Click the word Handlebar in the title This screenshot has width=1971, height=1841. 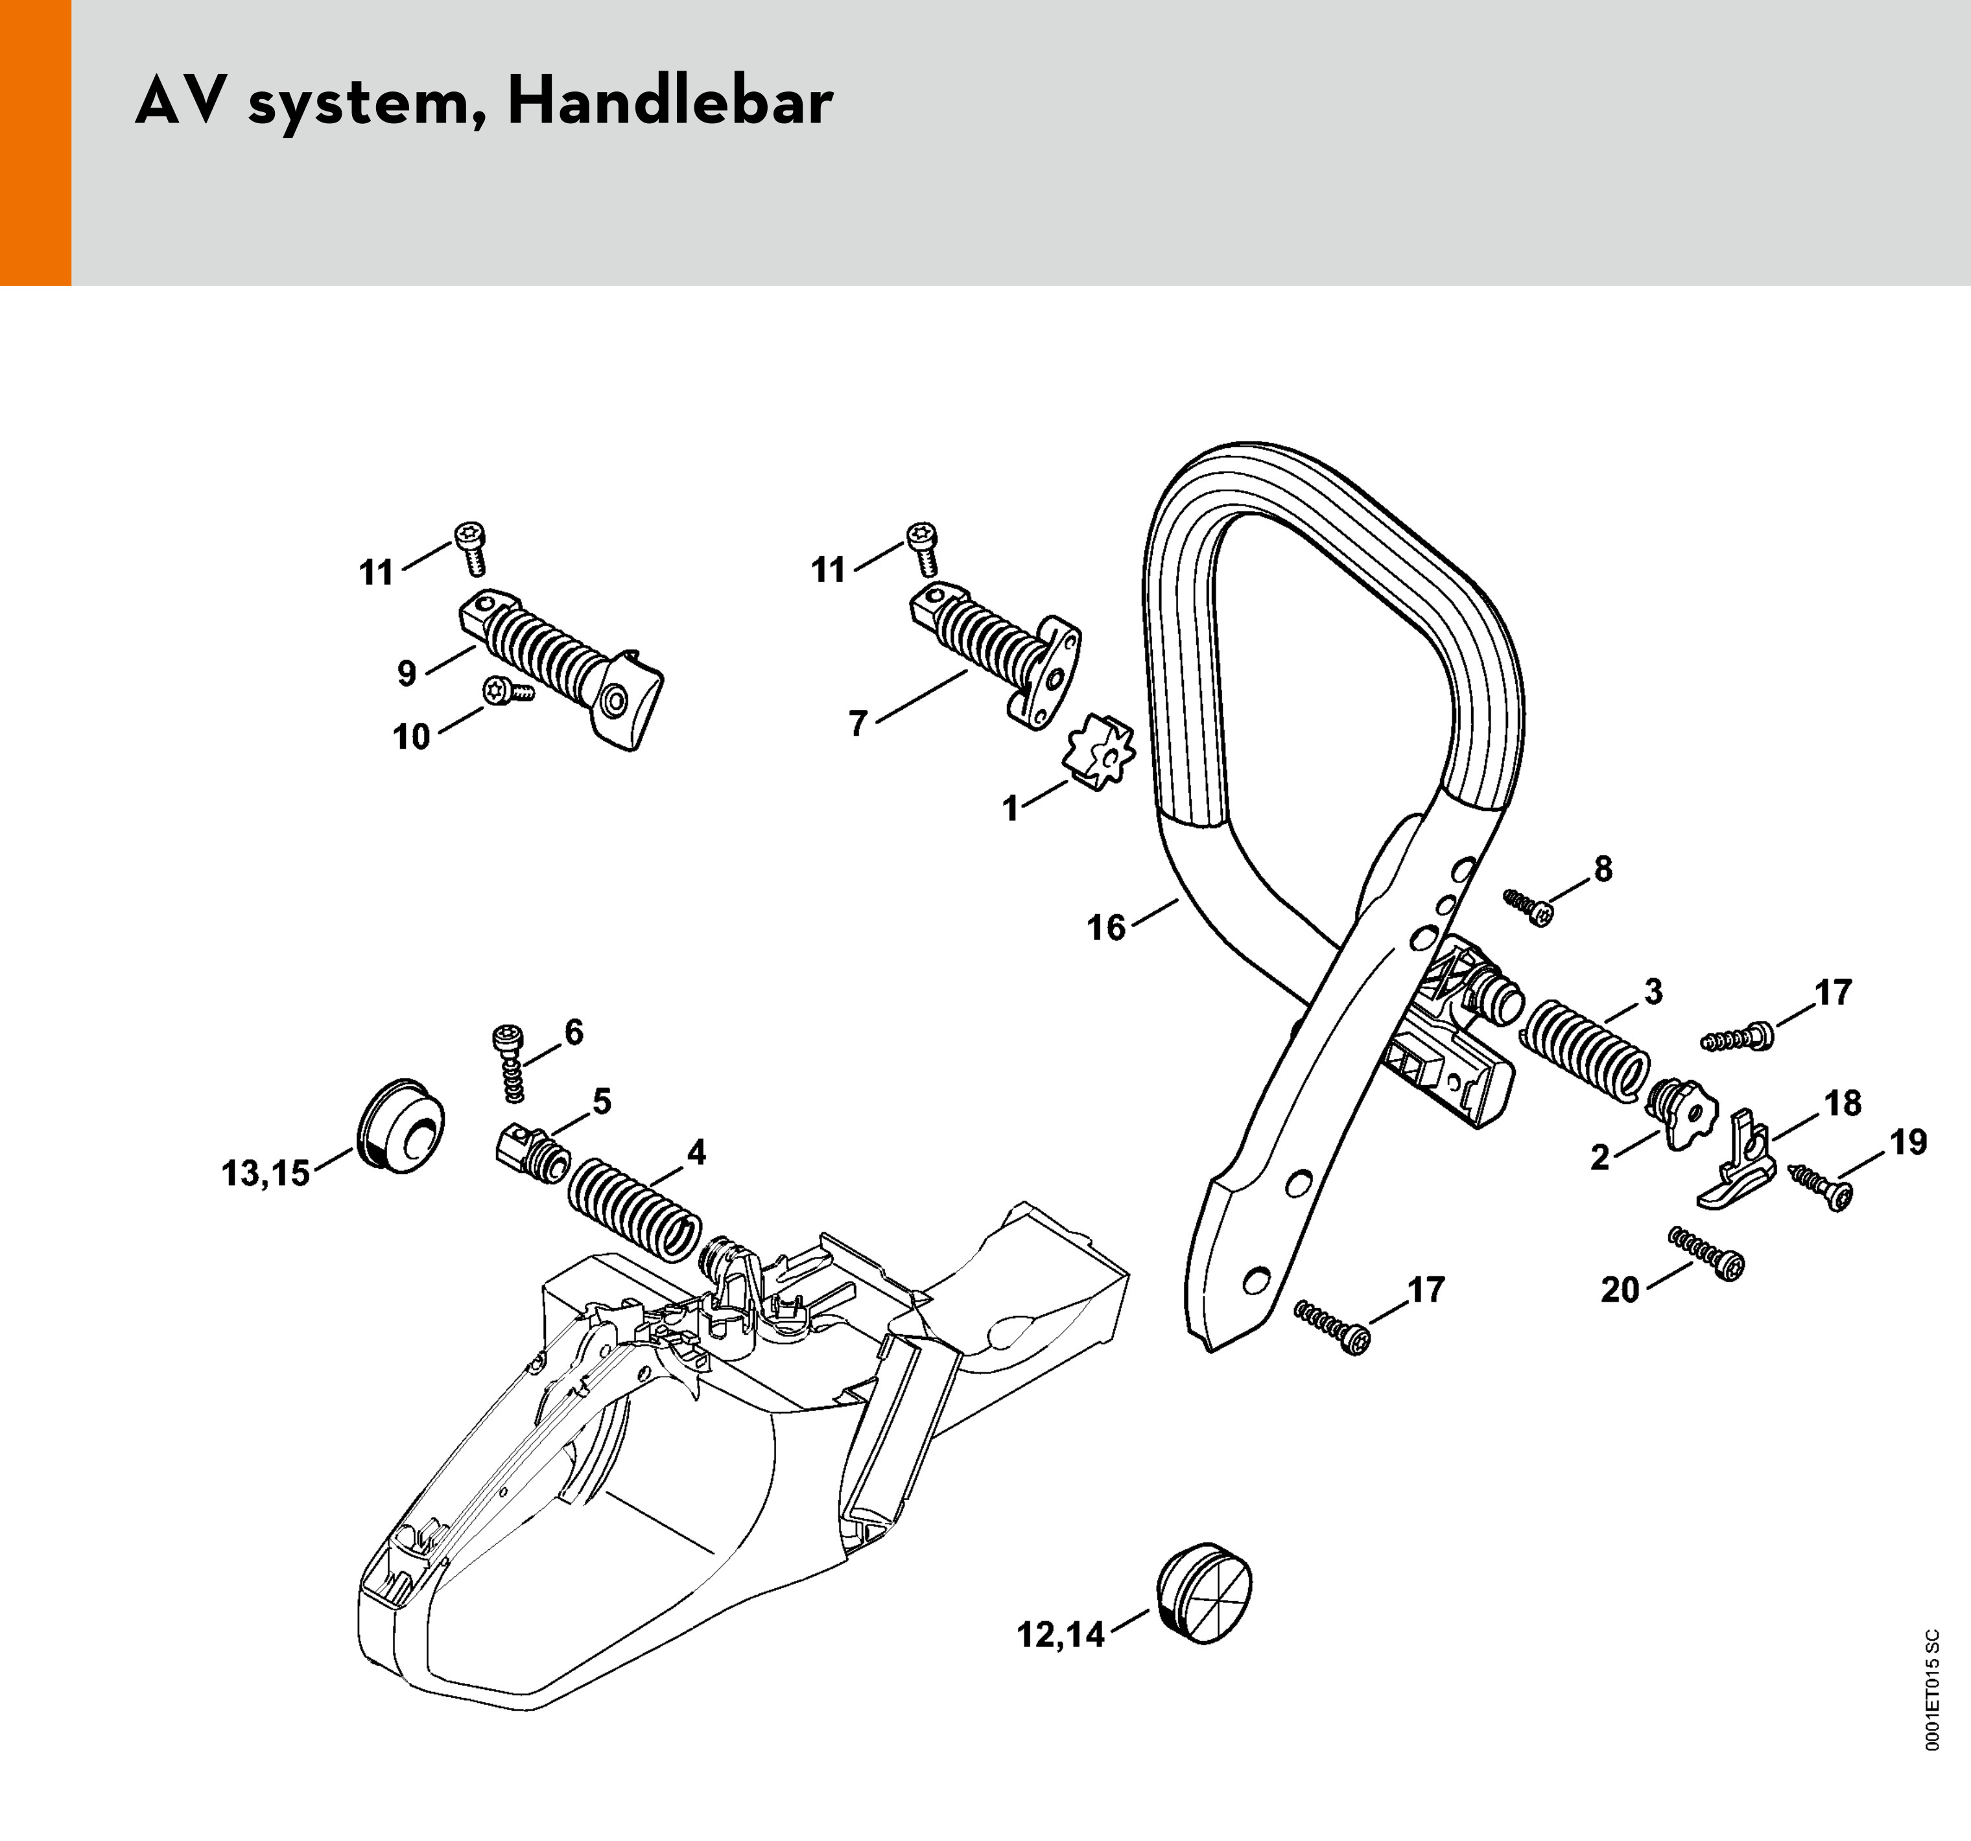[670, 103]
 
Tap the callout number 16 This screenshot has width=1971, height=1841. [1107, 928]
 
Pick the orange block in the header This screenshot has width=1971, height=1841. [36, 143]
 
